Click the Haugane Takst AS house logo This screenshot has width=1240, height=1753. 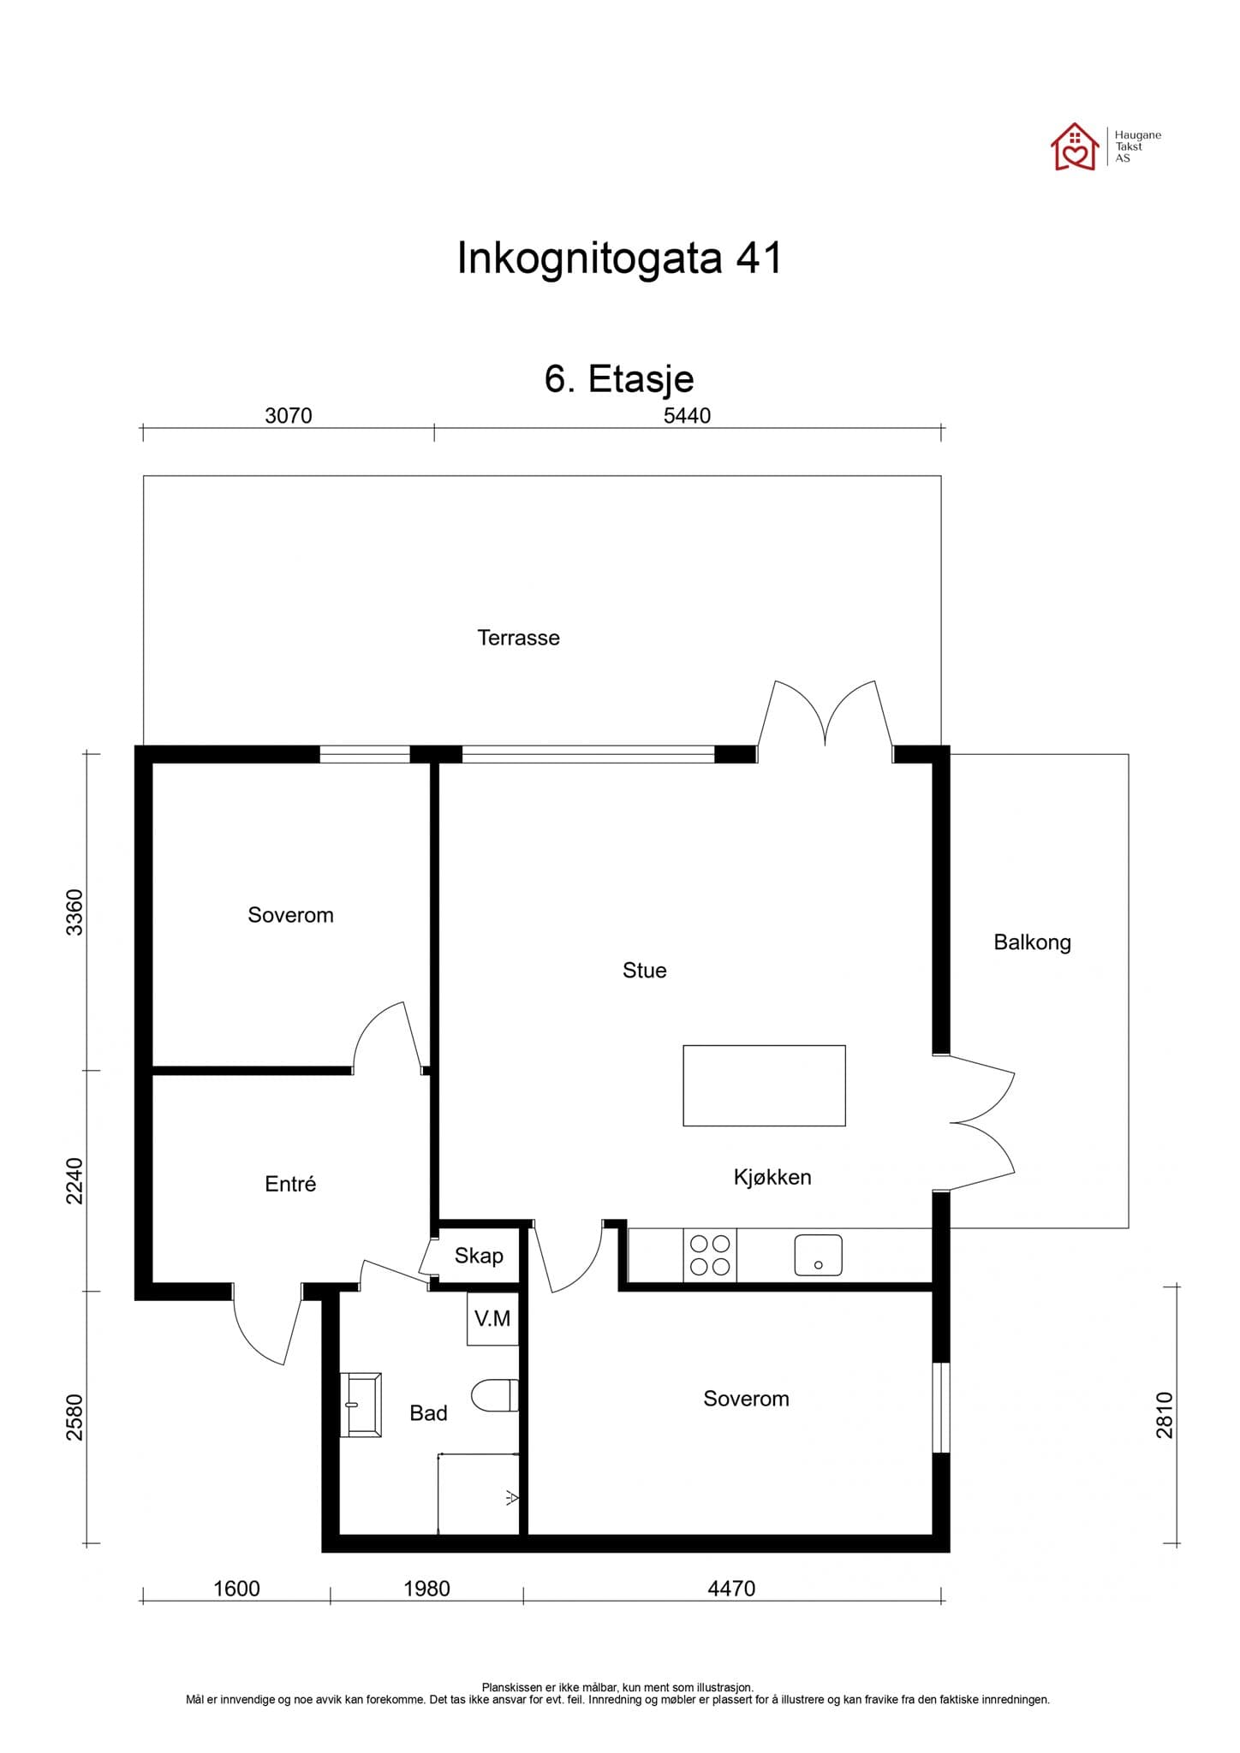pos(1075,147)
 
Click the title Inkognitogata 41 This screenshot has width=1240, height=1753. pos(619,258)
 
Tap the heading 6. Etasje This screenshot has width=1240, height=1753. pos(619,378)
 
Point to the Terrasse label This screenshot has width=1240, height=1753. pos(518,638)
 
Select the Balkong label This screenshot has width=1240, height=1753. pos(1032,942)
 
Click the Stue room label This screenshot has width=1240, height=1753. pos(644,970)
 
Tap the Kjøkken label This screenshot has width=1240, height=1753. pos(772,1177)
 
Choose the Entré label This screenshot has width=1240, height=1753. pos(290,1184)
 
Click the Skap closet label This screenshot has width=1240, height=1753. pos(479,1256)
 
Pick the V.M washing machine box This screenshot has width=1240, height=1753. pos(492,1319)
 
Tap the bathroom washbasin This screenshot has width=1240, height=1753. pos(361,1405)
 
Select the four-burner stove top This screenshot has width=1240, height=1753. pos(710,1255)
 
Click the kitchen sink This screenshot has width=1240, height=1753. pos(818,1255)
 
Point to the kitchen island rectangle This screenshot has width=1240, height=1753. pos(764,1085)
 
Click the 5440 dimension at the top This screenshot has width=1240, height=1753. pos(687,416)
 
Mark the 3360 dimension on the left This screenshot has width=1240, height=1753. pos(75,912)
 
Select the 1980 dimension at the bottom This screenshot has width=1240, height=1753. pos(426,1589)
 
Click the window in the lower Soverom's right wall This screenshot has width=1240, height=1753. pos(940,1407)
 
